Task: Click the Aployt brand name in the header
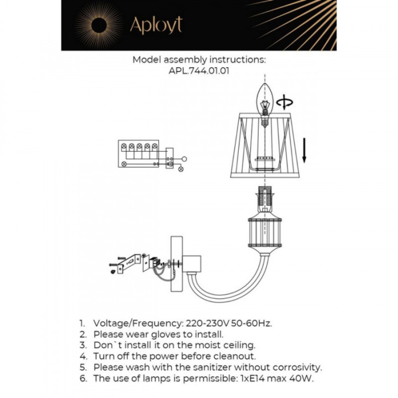point(156,25)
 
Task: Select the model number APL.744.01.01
point(199,71)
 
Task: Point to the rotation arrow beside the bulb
point(284,103)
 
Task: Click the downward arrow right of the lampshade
point(304,149)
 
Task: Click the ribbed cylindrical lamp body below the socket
point(264,232)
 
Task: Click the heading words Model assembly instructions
point(199,60)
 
